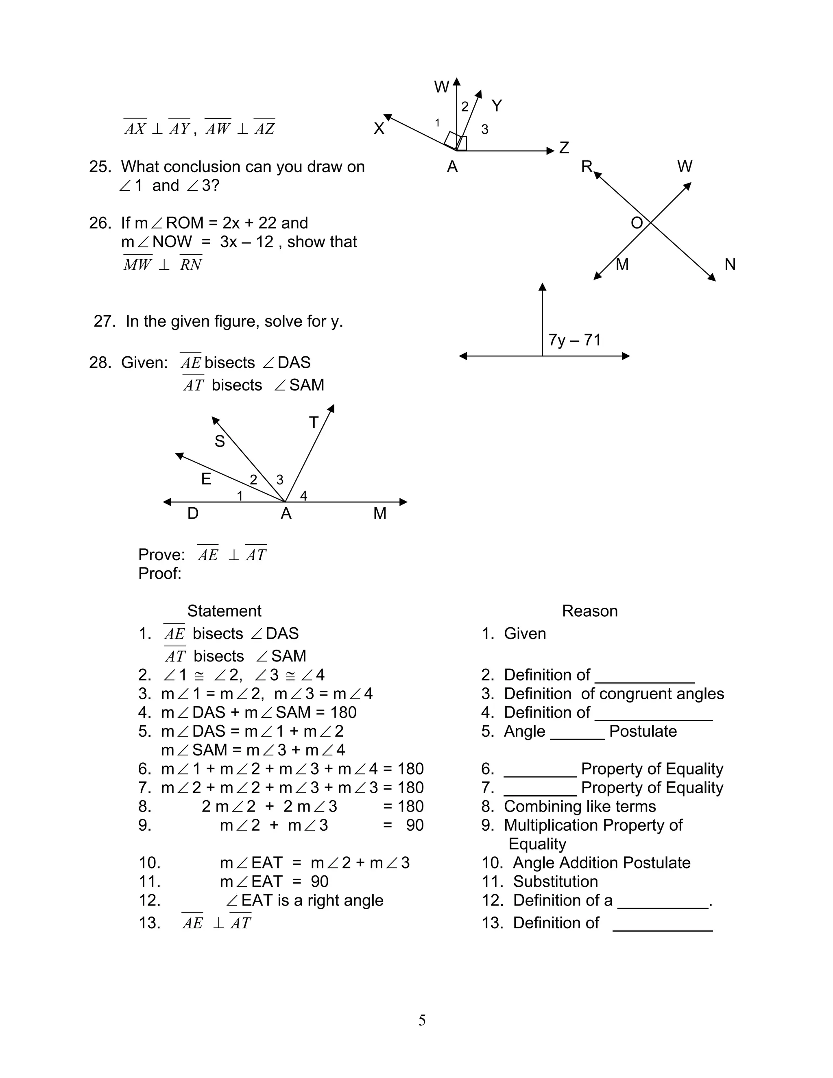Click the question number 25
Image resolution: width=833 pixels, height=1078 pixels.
point(100,167)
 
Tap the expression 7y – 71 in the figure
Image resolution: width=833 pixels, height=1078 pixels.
point(574,340)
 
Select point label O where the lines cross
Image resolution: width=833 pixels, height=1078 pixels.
point(637,223)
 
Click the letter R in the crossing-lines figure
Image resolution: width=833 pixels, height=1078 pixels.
point(586,167)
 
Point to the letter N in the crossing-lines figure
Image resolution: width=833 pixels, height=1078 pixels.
point(730,264)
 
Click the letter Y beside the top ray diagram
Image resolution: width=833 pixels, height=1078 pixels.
point(497,106)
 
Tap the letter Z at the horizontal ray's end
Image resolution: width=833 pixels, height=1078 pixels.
point(564,148)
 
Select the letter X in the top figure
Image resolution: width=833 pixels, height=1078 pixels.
point(379,128)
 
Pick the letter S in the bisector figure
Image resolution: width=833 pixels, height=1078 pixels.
point(220,441)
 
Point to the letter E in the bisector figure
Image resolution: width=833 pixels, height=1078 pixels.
point(206,479)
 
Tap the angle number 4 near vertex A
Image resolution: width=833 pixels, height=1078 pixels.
point(303,496)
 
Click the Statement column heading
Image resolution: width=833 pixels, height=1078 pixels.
point(224,611)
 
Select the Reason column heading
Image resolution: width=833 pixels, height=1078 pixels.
point(590,611)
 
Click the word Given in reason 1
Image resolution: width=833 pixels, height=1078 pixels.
point(525,634)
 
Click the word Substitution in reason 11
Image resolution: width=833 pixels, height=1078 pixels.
point(555,882)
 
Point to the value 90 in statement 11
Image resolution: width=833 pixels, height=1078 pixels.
point(320,882)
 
